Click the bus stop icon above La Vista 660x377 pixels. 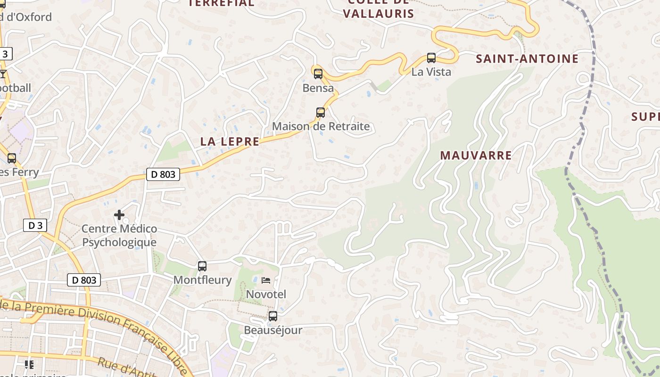click(x=431, y=58)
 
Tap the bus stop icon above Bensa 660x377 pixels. click(x=318, y=74)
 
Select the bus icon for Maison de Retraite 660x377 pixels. click(x=321, y=112)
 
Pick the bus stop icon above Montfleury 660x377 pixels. click(x=202, y=266)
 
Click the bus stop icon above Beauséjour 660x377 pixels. click(x=272, y=316)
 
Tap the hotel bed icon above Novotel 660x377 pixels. click(x=266, y=280)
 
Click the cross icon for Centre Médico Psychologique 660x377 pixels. click(x=119, y=215)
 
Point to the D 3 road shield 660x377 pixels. click(x=35, y=225)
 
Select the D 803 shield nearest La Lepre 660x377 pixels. click(x=164, y=174)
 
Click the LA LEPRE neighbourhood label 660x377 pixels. click(x=230, y=141)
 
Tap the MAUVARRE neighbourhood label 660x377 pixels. click(x=476, y=156)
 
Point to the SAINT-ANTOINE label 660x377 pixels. click(x=527, y=59)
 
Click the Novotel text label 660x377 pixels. click(x=266, y=295)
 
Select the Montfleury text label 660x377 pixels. click(x=202, y=280)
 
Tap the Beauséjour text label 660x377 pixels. click(x=272, y=330)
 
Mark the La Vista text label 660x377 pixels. click(x=431, y=72)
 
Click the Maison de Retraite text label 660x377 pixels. click(x=321, y=126)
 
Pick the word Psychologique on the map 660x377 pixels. click(x=119, y=242)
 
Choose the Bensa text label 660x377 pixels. click(x=318, y=88)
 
